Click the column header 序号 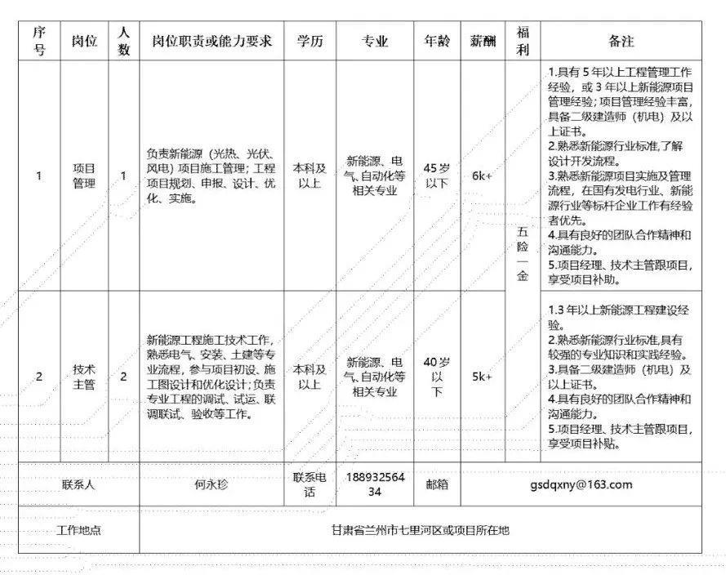[38, 41]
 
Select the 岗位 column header [84, 41]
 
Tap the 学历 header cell [310, 41]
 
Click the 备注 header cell [621, 41]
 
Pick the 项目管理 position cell [84, 176]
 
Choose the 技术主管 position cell [84, 377]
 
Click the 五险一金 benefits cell [522, 254]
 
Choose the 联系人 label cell [79, 484]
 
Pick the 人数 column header [124, 41]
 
